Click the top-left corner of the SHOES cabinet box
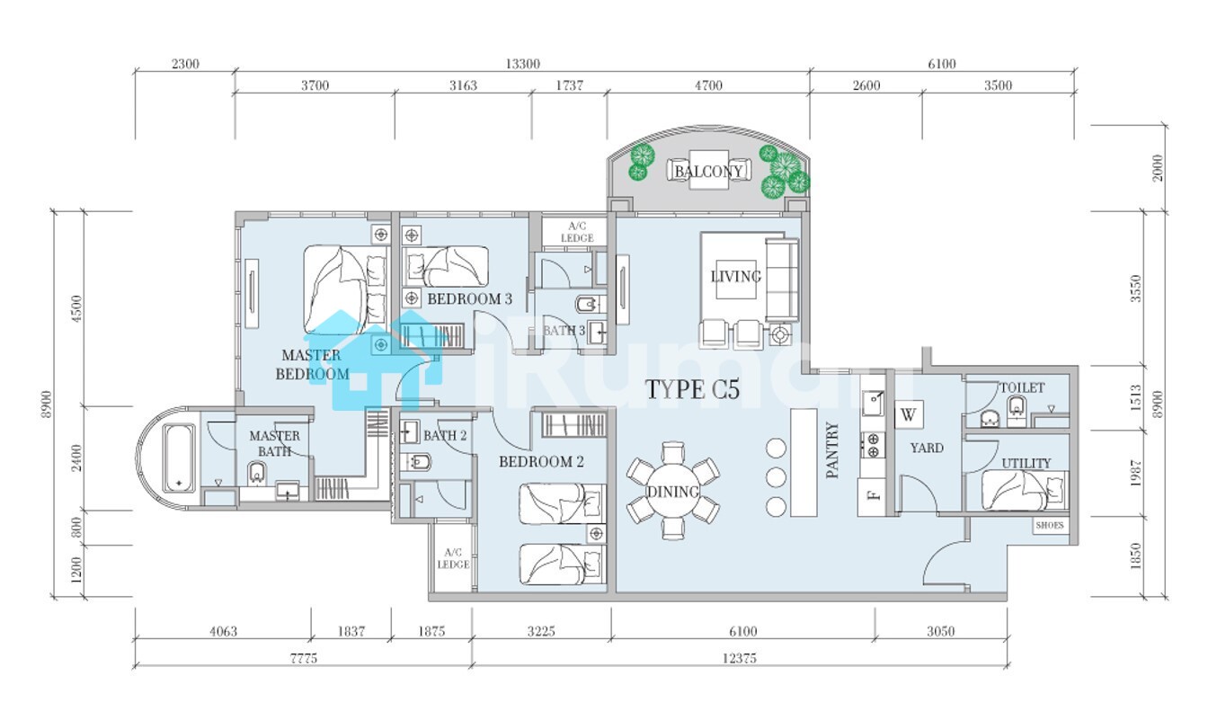[x=1033, y=517]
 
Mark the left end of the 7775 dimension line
[x=135, y=665]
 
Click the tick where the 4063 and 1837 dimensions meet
[x=311, y=638]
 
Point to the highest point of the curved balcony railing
[x=708, y=126]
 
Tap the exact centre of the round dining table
[x=673, y=491]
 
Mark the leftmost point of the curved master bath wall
[x=137, y=458]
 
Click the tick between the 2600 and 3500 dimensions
[x=922, y=93]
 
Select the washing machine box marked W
[x=909, y=414]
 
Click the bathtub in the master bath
[x=179, y=458]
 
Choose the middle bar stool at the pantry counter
[x=776, y=477]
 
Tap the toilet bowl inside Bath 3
[x=587, y=305]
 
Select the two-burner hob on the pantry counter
[x=873, y=445]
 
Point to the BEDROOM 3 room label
[x=469, y=298]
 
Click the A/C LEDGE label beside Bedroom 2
[x=453, y=558]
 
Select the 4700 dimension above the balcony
[x=708, y=85]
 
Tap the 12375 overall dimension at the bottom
[x=740, y=658]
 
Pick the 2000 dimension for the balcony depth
[x=1158, y=168]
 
